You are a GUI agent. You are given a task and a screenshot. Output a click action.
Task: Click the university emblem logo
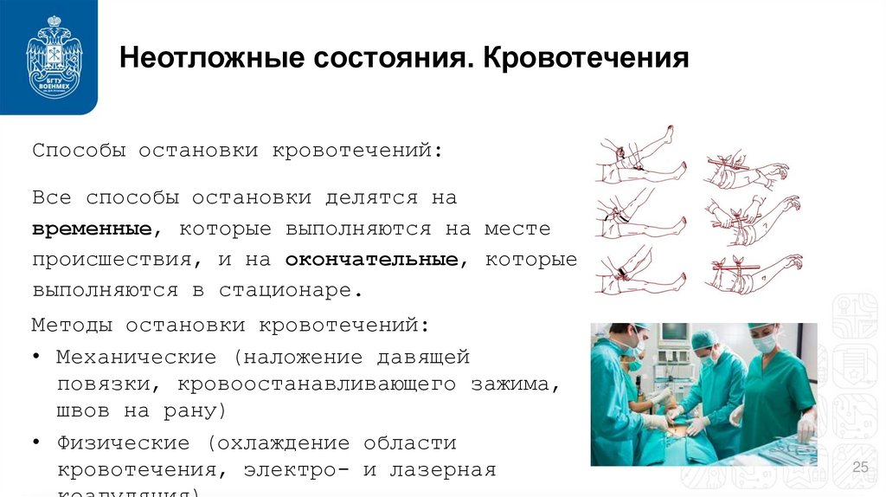click(x=49, y=56)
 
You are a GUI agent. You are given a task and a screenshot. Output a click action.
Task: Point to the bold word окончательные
click(x=372, y=258)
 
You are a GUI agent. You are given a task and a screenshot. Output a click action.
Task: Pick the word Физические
click(x=124, y=442)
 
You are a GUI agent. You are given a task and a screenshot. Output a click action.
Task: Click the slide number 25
click(x=860, y=468)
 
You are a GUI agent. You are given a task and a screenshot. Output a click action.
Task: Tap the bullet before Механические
click(x=39, y=357)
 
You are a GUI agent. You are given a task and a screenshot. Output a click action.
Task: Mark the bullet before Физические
click(x=39, y=442)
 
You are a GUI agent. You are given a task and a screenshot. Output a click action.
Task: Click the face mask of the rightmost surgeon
click(x=764, y=345)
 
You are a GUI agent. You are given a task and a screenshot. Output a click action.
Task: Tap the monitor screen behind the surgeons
click(x=674, y=333)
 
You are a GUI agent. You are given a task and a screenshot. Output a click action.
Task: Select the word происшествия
click(x=119, y=259)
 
